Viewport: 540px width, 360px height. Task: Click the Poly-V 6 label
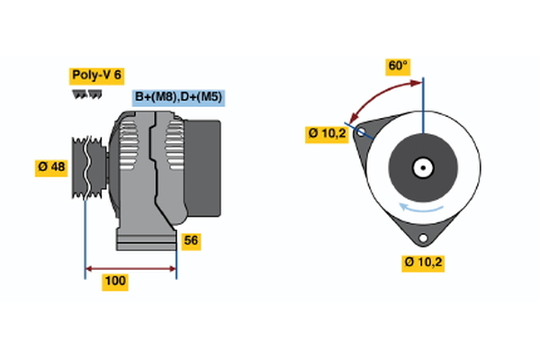[95, 76]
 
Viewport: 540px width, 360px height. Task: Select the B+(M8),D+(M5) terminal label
[177, 97]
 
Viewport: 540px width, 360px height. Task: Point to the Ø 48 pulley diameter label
[51, 166]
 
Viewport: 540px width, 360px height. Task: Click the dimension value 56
[191, 240]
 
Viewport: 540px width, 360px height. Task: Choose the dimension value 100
[115, 282]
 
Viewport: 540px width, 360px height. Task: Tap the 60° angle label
[398, 66]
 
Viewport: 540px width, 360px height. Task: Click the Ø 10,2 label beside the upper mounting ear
[328, 134]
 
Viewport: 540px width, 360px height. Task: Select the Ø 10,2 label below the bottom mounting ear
[425, 262]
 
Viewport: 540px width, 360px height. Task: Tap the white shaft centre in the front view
[422, 167]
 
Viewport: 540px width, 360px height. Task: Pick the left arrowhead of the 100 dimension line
[89, 268]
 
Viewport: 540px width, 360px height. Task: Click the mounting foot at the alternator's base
[144, 239]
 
